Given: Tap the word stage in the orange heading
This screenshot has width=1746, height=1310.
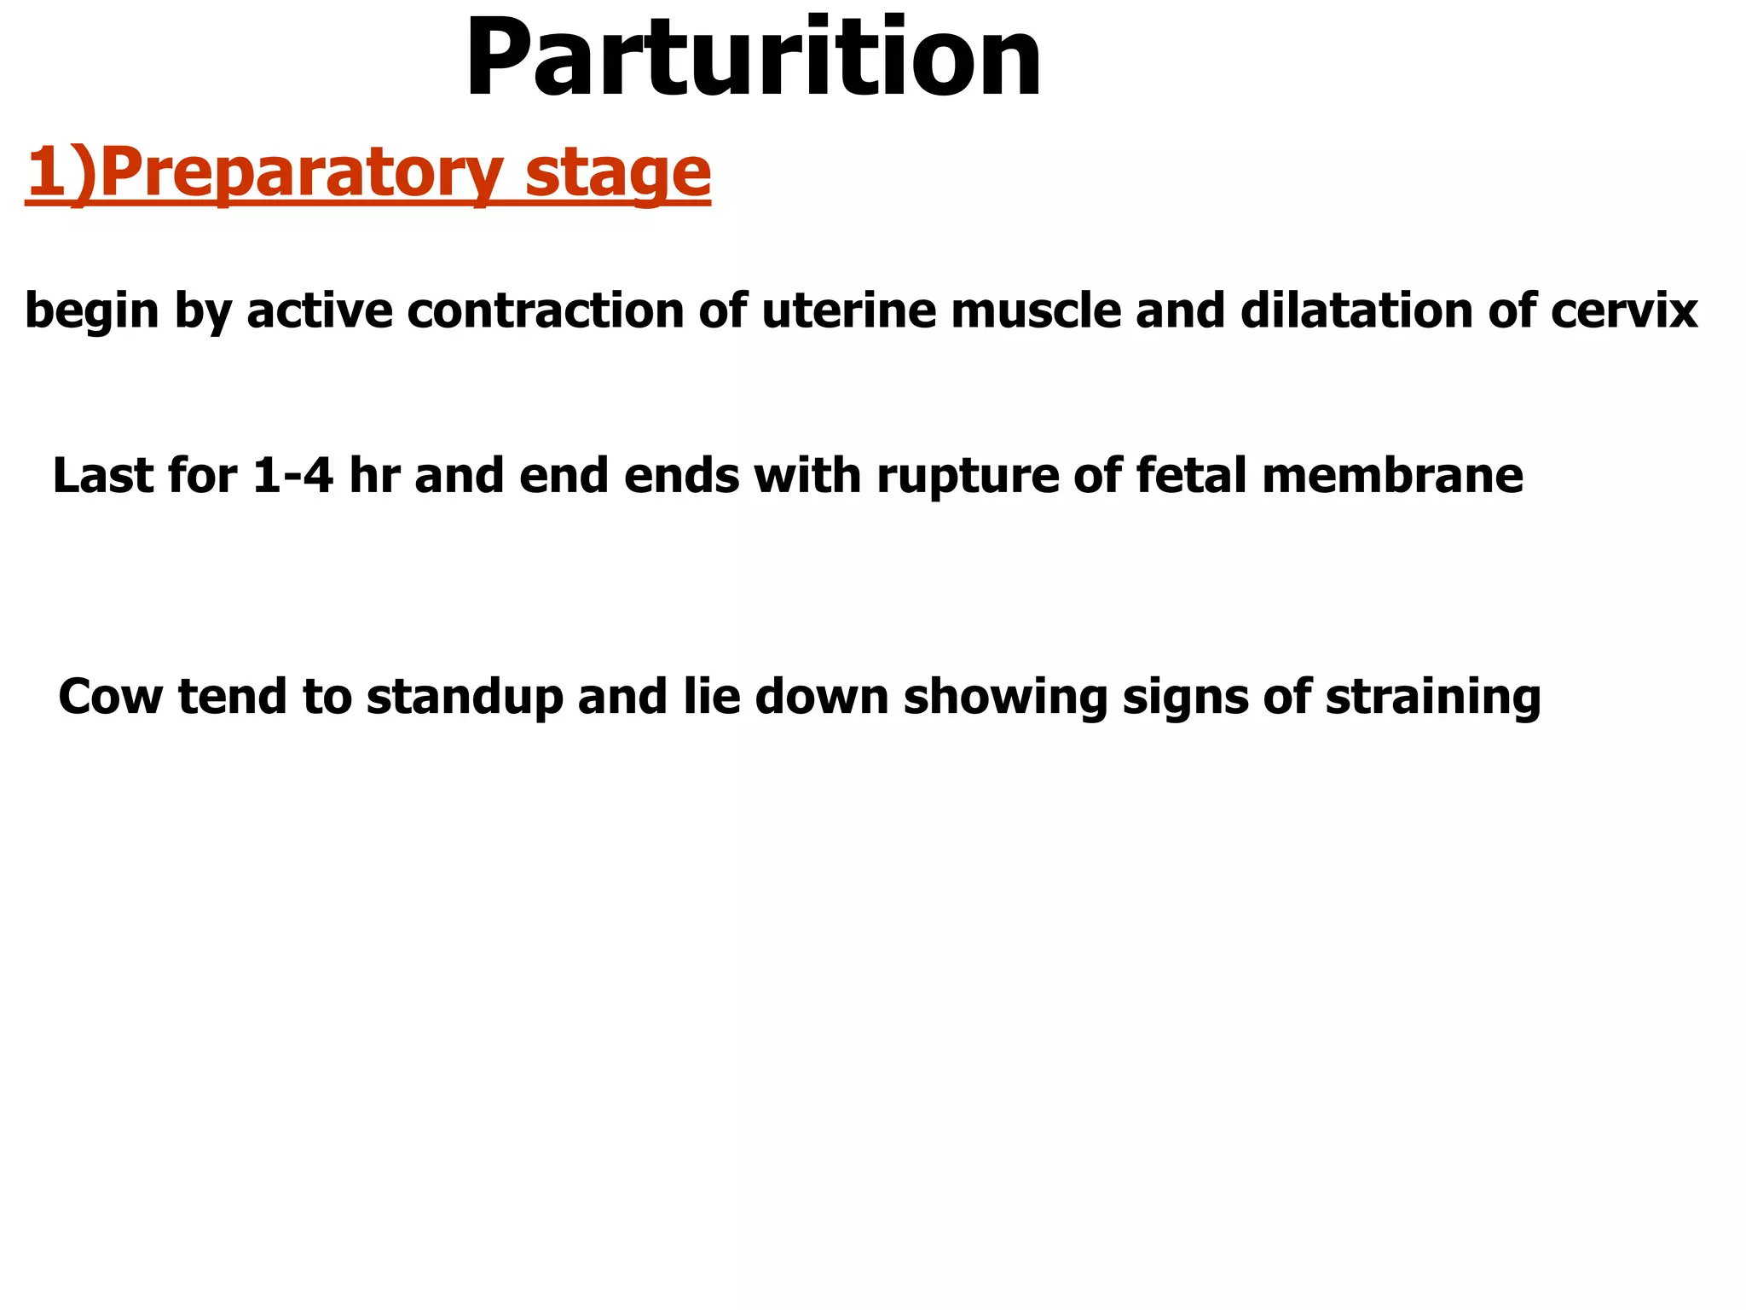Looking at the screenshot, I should click(618, 173).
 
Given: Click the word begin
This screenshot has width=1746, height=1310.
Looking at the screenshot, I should click(92, 311).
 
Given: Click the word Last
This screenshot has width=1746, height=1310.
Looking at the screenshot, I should click(103, 476).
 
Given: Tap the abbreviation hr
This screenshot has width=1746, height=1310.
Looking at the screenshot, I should click(374, 476).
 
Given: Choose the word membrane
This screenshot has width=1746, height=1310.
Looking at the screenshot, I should click(1392, 476).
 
